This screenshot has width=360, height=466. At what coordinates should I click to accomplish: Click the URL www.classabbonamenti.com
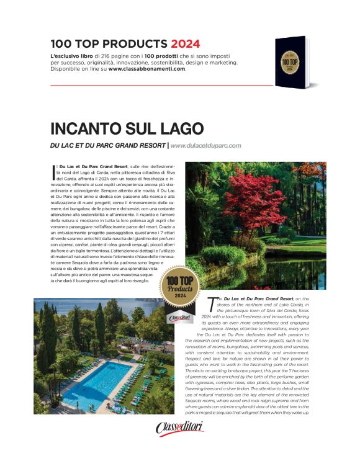tap(147, 69)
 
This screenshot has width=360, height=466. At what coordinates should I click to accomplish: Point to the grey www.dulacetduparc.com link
tap(205, 146)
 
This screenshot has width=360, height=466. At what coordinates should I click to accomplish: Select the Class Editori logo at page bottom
tap(179, 428)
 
